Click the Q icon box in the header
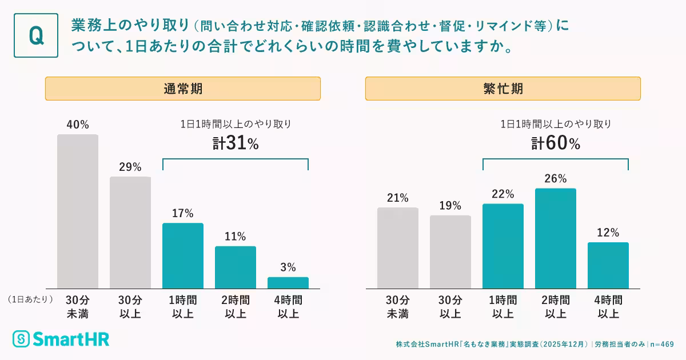coord(36,35)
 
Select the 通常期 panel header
coord(183,89)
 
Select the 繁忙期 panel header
coord(502,89)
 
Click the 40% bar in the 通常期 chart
coord(78,211)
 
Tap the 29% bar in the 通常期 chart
coord(130,233)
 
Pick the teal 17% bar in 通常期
coord(183,255)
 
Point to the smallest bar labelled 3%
coord(288,283)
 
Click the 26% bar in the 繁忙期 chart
coord(556,238)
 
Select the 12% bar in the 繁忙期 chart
coord(608,265)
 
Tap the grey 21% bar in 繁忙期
coord(398,248)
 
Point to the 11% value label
coord(236,237)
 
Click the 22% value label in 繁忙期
coord(503,194)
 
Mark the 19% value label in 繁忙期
coord(450,206)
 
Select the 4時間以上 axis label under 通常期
coord(288,307)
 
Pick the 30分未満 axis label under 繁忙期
coord(398,307)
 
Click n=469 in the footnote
coord(662,344)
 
